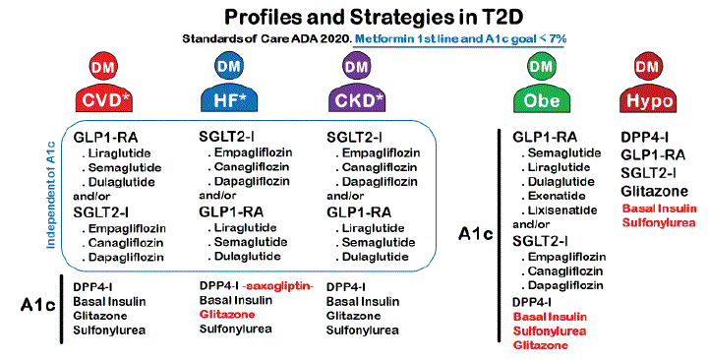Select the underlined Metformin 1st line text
pos(463,38)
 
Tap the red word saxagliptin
pos(277,285)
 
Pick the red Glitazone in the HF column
pos(227,314)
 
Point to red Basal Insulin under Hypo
pos(663,208)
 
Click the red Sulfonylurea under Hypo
pos(663,222)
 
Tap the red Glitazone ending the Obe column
pos(543,346)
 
